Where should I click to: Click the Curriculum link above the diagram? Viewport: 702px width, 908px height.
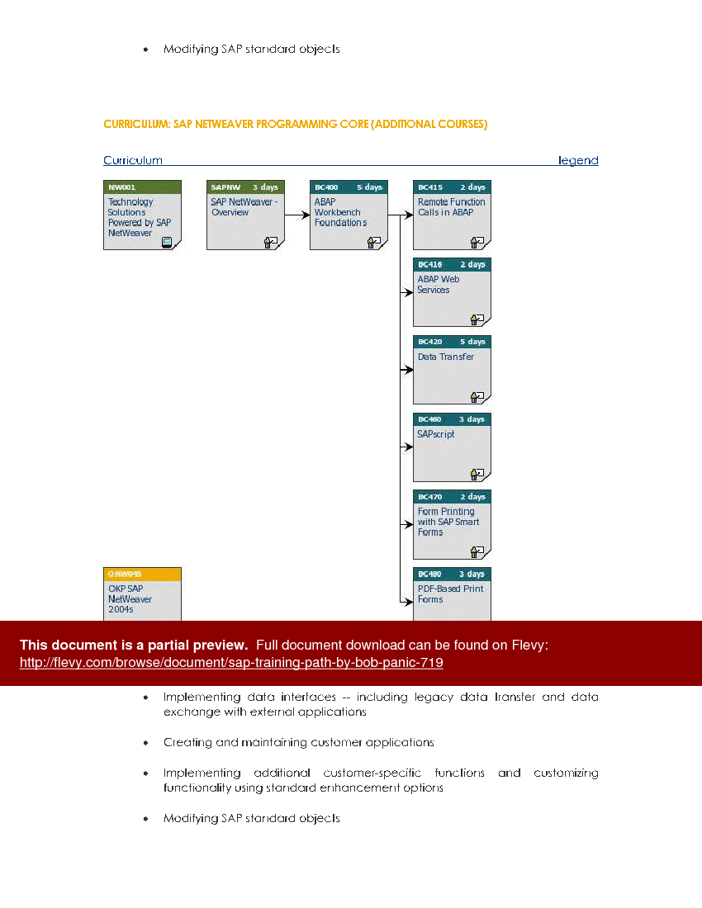coord(132,160)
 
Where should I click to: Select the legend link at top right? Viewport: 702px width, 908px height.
coord(578,160)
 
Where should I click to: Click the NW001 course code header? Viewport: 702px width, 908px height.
coord(122,187)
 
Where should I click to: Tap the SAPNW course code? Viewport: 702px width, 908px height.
coord(224,187)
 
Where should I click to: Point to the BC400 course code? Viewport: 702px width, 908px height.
coord(326,187)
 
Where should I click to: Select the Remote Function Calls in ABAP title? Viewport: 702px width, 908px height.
coord(451,207)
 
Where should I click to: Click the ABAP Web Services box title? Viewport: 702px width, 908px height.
coord(438,285)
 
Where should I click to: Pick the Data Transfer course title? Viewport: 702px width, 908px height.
coord(445,357)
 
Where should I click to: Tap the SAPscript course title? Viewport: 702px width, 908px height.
coord(435,434)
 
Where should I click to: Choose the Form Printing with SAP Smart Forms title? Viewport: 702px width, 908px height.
coord(448,522)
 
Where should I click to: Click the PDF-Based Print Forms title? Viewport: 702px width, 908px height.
coord(450,594)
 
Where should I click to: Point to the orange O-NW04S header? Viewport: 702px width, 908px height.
coord(125,574)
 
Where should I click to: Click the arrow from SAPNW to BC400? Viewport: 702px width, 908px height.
coord(296,215)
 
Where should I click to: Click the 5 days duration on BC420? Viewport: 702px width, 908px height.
coord(472,342)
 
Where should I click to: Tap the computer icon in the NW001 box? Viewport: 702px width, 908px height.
coord(167,242)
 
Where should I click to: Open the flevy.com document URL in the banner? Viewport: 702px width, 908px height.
coord(231,663)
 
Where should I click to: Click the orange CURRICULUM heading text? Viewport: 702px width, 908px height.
coord(295,124)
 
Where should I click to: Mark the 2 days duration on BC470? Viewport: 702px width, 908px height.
coord(472,497)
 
